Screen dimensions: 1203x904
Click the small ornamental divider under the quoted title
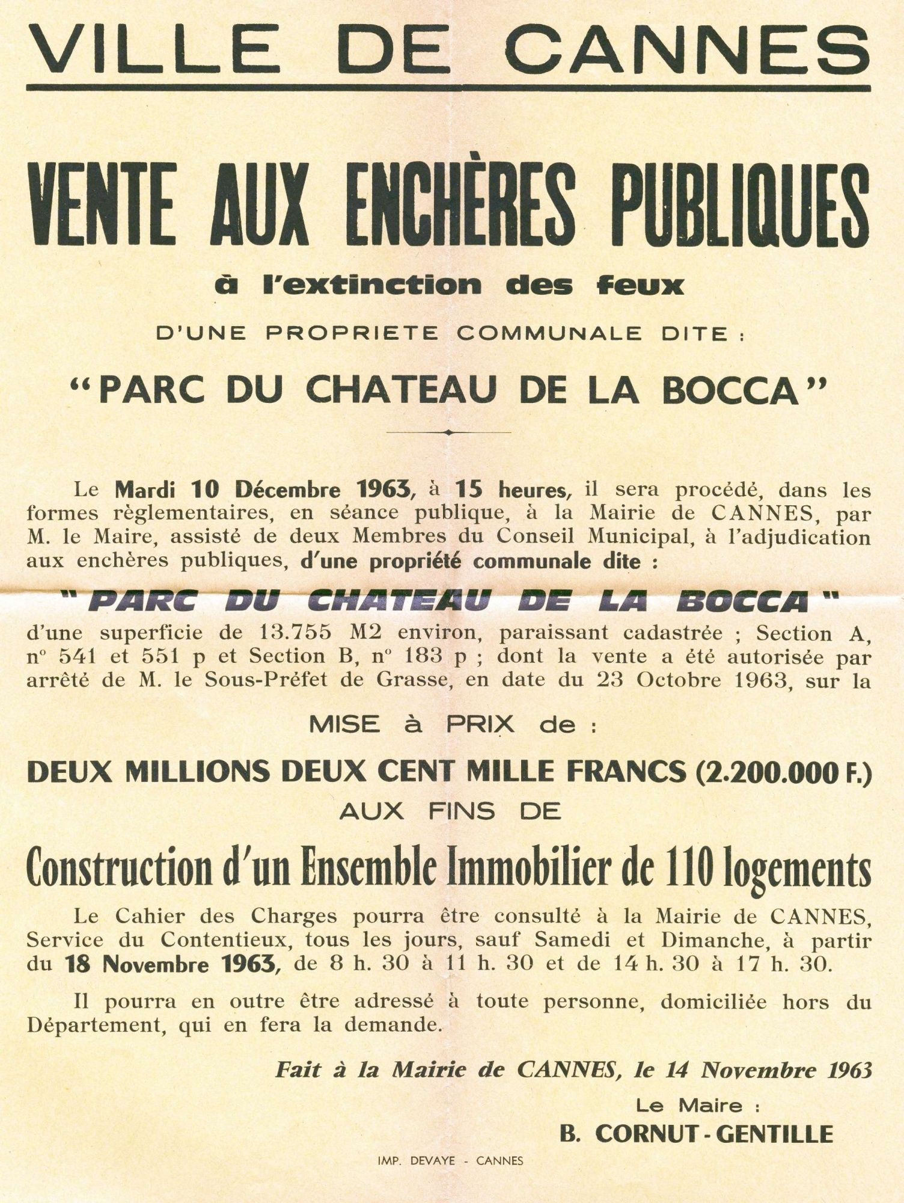[x=450, y=432]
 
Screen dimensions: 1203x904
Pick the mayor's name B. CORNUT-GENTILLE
[x=696, y=1134]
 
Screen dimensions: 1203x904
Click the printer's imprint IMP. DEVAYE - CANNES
[x=450, y=1161]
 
